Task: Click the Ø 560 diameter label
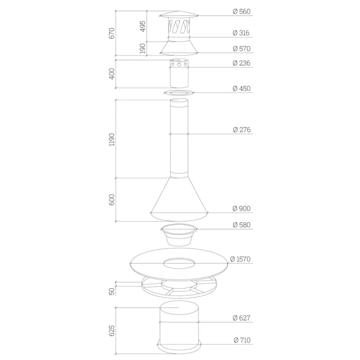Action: tap(241, 11)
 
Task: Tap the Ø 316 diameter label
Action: tap(241, 33)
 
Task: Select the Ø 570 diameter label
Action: tap(241, 48)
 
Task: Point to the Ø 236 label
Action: tap(241, 63)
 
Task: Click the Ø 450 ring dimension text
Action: tap(241, 88)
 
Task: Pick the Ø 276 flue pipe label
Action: tap(241, 129)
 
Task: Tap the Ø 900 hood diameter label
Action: tap(241, 208)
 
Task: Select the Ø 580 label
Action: tap(241, 225)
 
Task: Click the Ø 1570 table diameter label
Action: tap(240, 259)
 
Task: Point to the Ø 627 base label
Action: tap(241, 318)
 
